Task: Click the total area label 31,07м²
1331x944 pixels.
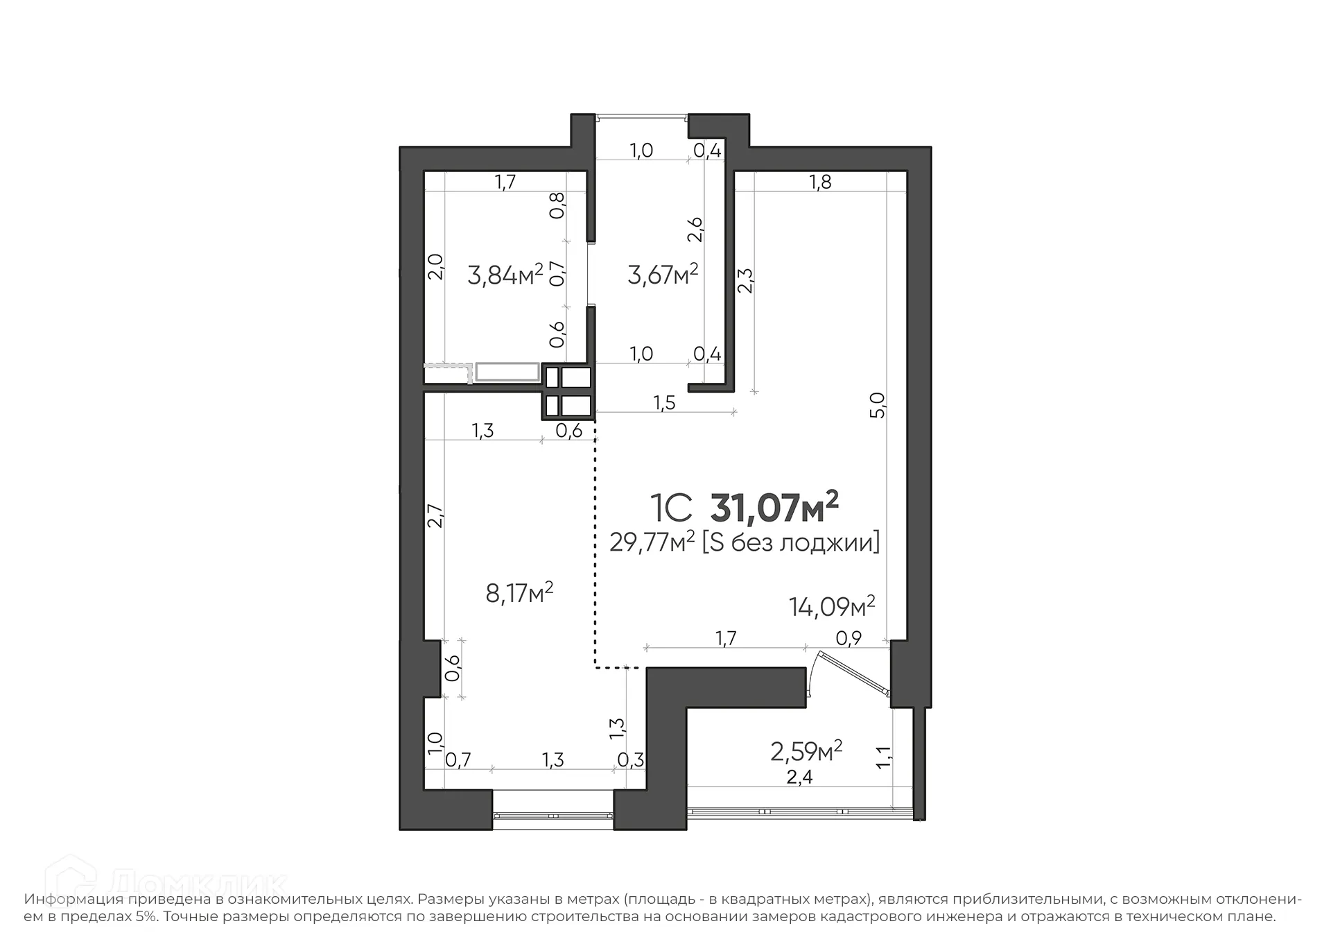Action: click(774, 508)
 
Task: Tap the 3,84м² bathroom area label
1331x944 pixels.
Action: click(505, 275)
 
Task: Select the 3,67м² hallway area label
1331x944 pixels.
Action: click(662, 275)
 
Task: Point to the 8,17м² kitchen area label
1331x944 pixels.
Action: click(519, 593)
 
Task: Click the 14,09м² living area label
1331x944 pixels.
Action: click(831, 606)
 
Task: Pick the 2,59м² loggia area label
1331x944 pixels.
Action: click(806, 750)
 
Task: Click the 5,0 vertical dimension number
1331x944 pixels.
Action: click(878, 404)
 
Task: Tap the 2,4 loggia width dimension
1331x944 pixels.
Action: click(799, 778)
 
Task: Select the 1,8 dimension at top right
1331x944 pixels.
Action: click(819, 182)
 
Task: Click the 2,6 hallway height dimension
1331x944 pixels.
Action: click(695, 230)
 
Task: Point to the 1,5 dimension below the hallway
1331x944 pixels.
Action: click(663, 403)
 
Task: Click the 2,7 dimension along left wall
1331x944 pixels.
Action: click(435, 515)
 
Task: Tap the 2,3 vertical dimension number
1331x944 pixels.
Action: click(745, 281)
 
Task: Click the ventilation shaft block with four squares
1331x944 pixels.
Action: click(568, 391)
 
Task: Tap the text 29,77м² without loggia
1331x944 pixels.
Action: click(744, 542)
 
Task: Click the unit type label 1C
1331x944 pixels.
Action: click(670, 508)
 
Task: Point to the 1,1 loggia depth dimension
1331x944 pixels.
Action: click(883, 757)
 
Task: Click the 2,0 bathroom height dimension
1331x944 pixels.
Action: click(435, 266)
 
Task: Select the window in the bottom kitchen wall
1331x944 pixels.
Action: click(553, 816)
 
